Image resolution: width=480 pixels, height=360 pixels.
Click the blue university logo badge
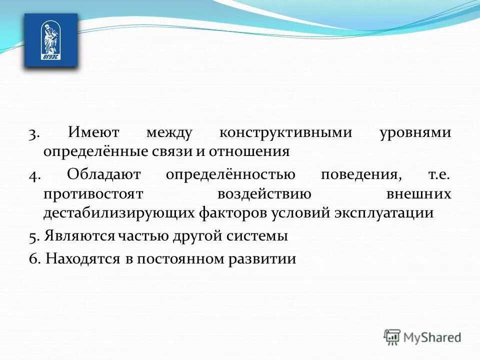(51, 40)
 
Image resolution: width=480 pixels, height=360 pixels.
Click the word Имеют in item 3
(93, 133)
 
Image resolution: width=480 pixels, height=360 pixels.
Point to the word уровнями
(415, 133)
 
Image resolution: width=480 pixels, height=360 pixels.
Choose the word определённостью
(230, 176)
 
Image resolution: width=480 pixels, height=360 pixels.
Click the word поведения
(361, 176)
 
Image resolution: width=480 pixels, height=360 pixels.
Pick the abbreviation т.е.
(439, 176)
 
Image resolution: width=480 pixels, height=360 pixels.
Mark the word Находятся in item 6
(83, 259)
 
